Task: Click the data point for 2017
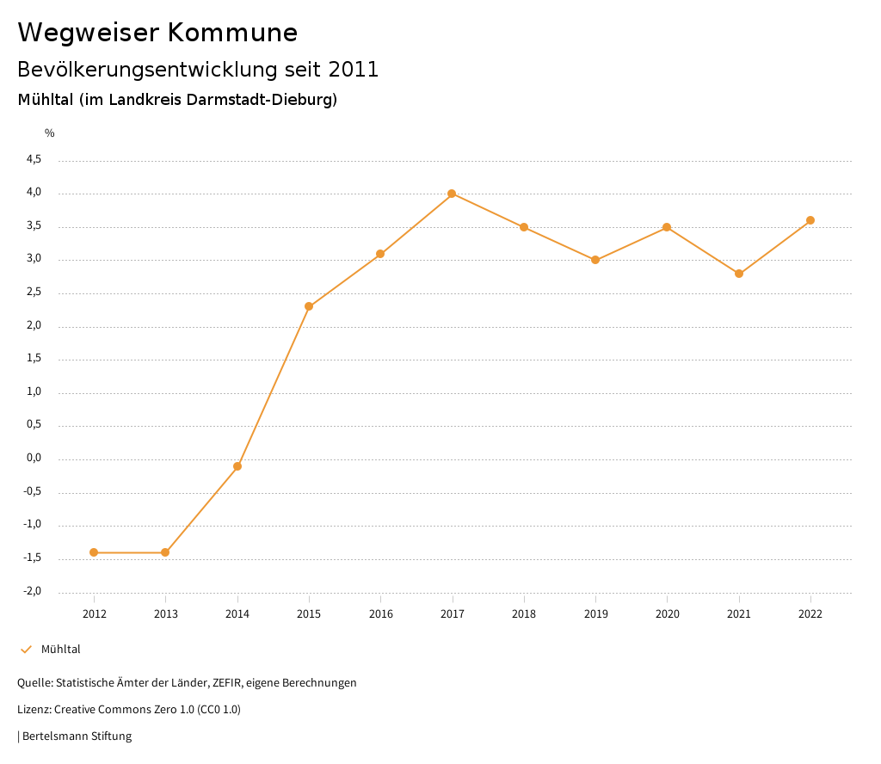pos(452,194)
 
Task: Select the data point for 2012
pos(94,552)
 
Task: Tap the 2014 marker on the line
pos(237,466)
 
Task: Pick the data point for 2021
pos(739,274)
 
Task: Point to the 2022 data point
pos(810,220)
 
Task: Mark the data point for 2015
pos(309,306)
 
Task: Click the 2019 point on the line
pos(595,260)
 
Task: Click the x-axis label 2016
pos(380,613)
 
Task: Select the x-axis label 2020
pos(668,613)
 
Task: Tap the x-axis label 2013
pos(166,613)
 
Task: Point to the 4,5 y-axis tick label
pos(34,159)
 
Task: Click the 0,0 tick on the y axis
pos(34,459)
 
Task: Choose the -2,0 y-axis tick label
pos(33,591)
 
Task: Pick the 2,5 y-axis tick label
pos(34,293)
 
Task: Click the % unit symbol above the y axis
pos(49,133)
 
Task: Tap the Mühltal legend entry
pos(60,650)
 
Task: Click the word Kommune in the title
pos(232,33)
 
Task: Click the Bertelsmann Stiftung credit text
pos(77,736)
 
